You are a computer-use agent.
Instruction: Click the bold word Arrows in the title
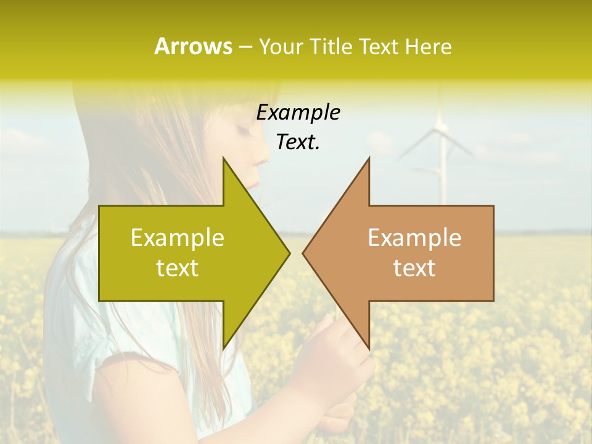(x=193, y=46)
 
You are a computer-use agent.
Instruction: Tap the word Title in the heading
(x=330, y=46)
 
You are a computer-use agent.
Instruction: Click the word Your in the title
(x=280, y=46)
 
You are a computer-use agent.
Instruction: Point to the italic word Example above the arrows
(x=298, y=112)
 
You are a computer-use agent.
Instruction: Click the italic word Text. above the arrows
(x=298, y=142)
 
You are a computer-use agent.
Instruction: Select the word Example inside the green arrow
(x=178, y=237)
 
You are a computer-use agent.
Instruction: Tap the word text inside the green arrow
(x=178, y=268)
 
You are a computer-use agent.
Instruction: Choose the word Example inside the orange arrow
(x=414, y=237)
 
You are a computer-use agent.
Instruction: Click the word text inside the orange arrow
(x=414, y=268)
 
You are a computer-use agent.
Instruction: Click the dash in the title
(x=245, y=47)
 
